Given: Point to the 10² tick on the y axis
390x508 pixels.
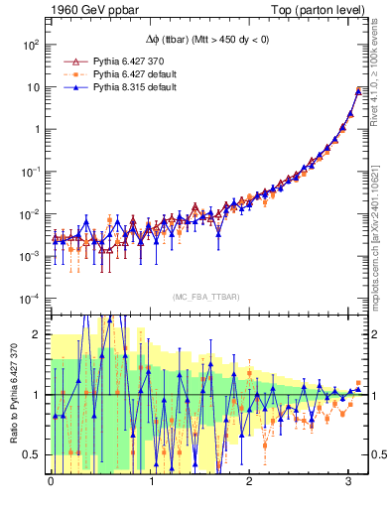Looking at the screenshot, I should pyautogui.click(x=31, y=45).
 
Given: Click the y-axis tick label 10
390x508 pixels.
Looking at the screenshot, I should pyautogui.click(x=33, y=87).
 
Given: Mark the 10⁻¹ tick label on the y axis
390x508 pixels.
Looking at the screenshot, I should pyautogui.click(x=31, y=172).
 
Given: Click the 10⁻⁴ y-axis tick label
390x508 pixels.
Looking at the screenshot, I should pyautogui.click(x=31, y=299).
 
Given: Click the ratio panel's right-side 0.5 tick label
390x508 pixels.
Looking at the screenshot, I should pyautogui.click(x=377, y=455).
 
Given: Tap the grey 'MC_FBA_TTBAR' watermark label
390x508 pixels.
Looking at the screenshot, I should pyautogui.click(x=204, y=298).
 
